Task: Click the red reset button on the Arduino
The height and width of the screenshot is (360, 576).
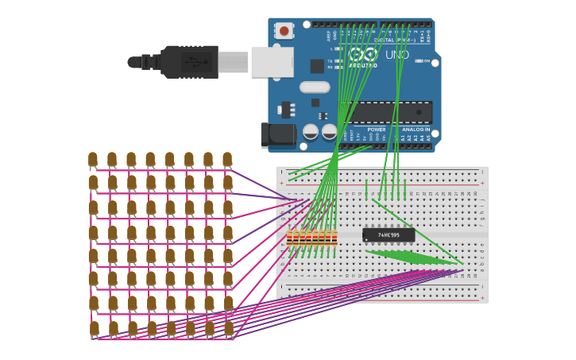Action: (x=284, y=31)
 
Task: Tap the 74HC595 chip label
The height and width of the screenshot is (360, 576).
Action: (x=389, y=235)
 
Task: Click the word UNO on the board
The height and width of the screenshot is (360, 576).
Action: (x=397, y=55)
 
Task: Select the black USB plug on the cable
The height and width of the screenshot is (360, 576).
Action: (x=190, y=62)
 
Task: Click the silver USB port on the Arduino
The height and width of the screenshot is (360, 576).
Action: (x=272, y=62)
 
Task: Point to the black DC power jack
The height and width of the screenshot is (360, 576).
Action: (x=278, y=135)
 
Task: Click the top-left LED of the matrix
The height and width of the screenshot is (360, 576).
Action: (x=93, y=160)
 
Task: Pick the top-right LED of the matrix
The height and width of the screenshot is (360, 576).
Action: (x=227, y=160)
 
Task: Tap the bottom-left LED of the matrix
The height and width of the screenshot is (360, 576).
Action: (x=94, y=328)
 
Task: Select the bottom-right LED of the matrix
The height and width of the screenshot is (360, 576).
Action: (x=229, y=328)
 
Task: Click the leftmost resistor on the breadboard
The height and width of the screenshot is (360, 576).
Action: (x=290, y=237)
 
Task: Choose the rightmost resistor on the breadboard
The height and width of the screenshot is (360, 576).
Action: (x=334, y=237)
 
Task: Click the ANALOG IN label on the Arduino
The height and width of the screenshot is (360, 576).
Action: (x=416, y=130)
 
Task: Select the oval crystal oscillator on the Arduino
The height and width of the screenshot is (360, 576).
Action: (x=315, y=87)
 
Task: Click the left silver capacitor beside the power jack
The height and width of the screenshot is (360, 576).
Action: (x=311, y=131)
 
